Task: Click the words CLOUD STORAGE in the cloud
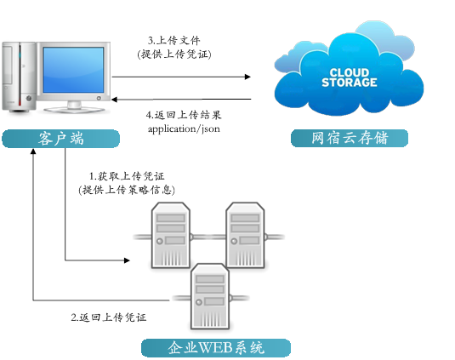[349, 77]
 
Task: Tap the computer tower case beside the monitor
[18, 77]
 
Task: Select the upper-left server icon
[169, 233]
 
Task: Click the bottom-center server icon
[208, 294]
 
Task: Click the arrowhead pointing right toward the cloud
[247, 77]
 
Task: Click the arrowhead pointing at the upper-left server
[129, 260]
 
